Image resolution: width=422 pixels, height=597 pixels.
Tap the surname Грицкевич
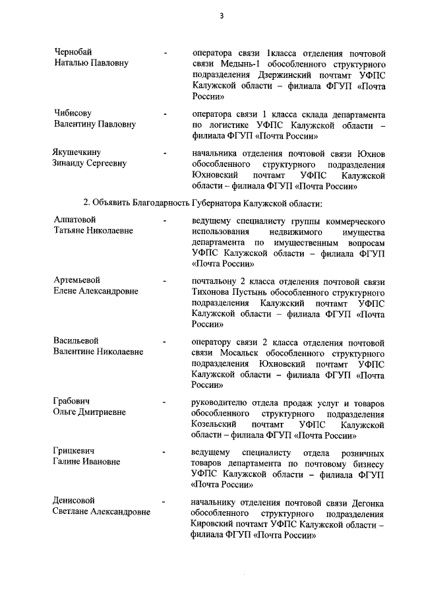click(74, 452)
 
